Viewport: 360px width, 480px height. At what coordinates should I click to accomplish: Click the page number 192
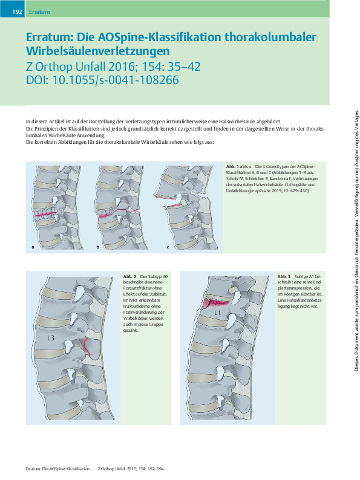point(17,12)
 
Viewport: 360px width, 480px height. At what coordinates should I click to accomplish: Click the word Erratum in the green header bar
point(39,12)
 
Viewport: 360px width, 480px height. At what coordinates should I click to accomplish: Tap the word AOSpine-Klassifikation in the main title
point(159,37)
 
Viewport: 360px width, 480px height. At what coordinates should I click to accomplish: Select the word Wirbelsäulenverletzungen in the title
point(98,51)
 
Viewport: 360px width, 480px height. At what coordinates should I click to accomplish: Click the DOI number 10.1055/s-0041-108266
point(116,80)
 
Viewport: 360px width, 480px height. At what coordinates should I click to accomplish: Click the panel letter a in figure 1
point(33,247)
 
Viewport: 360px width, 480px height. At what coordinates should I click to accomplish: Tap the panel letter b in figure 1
point(98,247)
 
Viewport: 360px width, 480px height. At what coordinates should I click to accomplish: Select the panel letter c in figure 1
point(168,247)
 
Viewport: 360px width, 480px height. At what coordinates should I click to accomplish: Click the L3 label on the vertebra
point(51,338)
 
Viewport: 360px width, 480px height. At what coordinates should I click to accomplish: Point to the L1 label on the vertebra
point(217,313)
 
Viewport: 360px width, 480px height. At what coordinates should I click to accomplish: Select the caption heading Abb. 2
point(129,277)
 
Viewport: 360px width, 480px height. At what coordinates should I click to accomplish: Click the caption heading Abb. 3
point(284,277)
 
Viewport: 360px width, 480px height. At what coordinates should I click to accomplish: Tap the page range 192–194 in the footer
point(155,469)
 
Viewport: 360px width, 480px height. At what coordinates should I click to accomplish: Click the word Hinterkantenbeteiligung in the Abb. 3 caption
point(299,303)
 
